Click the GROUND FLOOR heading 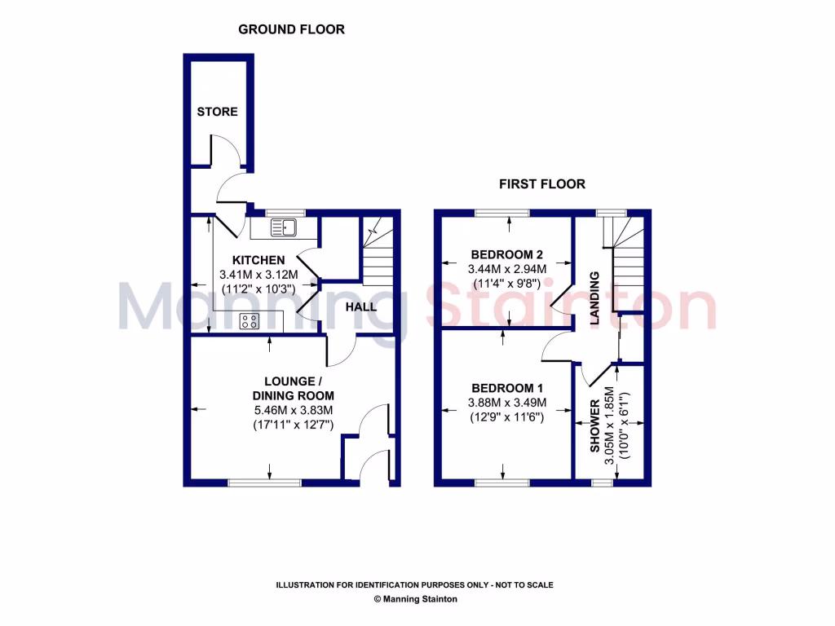coord(291,29)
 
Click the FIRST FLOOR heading coord(542,184)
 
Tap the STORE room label coord(217,112)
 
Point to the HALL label coord(360,307)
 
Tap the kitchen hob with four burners coord(250,321)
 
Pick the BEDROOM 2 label coord(506,253)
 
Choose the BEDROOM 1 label coord(506,388)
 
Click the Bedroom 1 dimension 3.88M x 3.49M coord(506,403)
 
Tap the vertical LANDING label coord(595,299)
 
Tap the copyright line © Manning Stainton coord(415,599)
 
